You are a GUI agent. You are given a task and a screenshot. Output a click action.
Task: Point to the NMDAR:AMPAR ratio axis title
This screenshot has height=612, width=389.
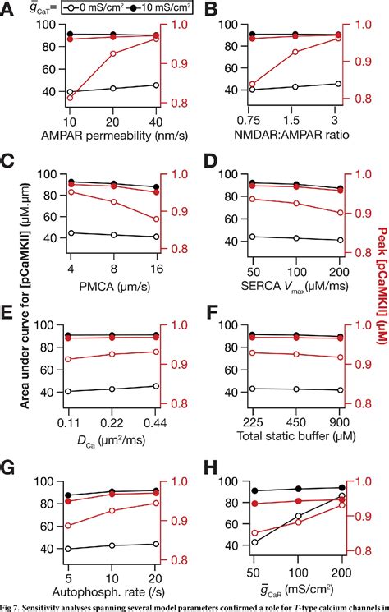click(x=294, y=134)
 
